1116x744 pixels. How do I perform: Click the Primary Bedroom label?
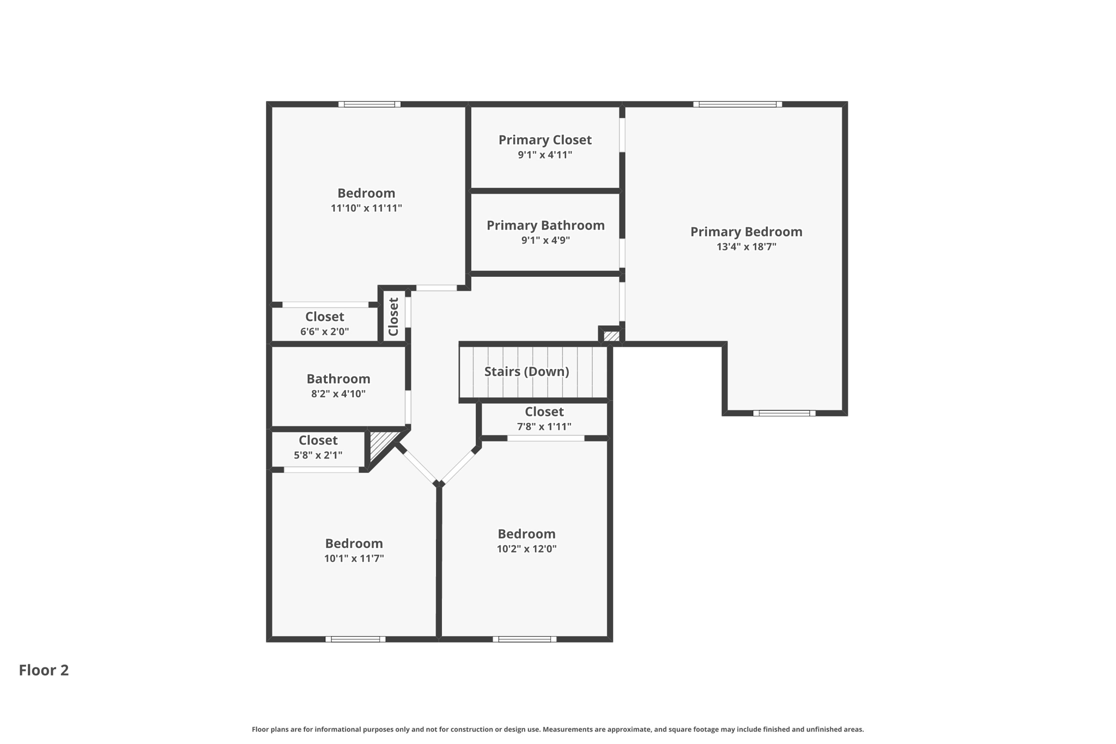coord(746,232)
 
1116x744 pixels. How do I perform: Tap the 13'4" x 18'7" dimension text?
coord(746,247)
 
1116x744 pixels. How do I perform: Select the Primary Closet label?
coord(545,140)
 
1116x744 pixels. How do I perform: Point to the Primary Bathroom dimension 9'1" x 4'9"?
coord(545,240)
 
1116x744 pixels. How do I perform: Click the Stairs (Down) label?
coord(526,372)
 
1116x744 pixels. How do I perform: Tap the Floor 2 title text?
coord(44,670)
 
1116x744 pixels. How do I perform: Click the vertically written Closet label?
coord(393,317)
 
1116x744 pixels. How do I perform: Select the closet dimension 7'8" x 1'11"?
coord(544,427)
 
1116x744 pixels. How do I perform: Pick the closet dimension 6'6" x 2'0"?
coord(324,331)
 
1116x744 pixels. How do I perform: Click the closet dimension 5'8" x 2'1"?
coord(318,455)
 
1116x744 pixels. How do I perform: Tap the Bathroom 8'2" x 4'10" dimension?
coord(338,394)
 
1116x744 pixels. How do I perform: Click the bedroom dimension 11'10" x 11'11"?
coord(366,208)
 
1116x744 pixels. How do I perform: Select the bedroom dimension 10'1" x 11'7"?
coord(354,558)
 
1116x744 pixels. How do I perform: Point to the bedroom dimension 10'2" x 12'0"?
coord(526,549)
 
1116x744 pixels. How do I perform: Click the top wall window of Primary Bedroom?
coord(737,104)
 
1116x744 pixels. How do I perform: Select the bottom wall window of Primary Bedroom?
coord(784,413)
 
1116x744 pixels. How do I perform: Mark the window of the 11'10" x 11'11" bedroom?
coord(369,104)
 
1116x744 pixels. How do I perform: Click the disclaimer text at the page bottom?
coord(557,729)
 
